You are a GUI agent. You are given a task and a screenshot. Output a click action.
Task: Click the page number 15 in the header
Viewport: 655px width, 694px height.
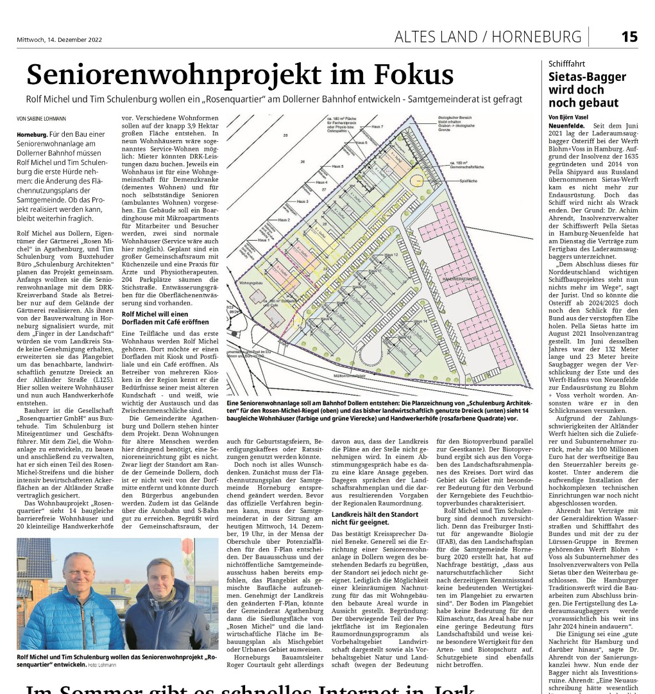point(629,37)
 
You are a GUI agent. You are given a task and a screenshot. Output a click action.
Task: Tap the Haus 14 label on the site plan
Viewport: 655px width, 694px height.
point(420,321)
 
